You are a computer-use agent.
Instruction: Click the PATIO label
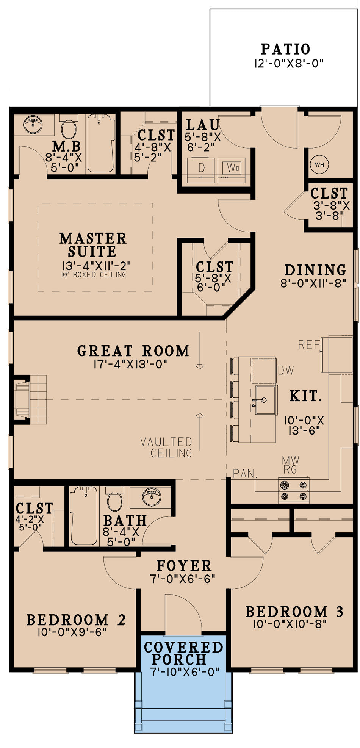pyautogui.click(x=285, y=49)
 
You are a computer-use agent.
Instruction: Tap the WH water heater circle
pyautogui.click(x=319, y=164)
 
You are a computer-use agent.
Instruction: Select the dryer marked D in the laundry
pyautogui.click(x=201, y=168)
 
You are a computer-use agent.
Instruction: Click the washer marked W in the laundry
pyautogui.click(x=231, y=167)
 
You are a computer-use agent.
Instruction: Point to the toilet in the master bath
pyautogui.click(x=69, y=128)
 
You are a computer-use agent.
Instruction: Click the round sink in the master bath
pyautogui.click(x=33, y=123)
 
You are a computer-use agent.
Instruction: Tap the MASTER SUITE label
pyautogui.click(x=93, y=245)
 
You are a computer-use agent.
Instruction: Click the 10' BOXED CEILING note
pyautogui.click(x=93, y=275)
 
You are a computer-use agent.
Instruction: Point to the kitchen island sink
pyautogui.click(x=265, y=400)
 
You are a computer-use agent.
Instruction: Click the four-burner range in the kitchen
pyautogui.click(x=294, y=490)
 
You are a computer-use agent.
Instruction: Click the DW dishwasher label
pyautogui.click(x=285, y=370)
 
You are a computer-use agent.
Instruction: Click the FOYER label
pyautogui.click(x=184, y=566)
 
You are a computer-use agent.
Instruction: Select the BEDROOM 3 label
pyautogui.click(x=294, y=612)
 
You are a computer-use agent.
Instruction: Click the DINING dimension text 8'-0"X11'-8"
pyautogui.click(x=313, y=283)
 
